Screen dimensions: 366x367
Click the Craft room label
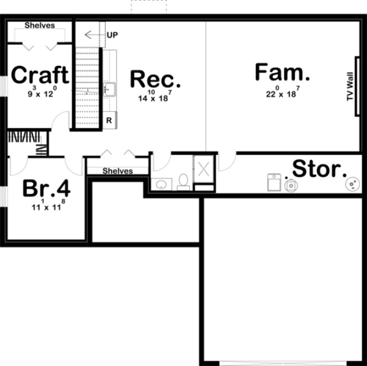[x=40, y=75]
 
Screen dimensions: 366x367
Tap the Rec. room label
[x=155, y=79]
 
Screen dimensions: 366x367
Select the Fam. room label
[x=282, y=72]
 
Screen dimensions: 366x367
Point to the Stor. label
[x=319, y=169]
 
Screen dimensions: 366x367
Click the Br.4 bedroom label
[x=46, y=189]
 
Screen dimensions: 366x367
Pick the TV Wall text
[x=349, y=88]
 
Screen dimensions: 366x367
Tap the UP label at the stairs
[x=112, y=35]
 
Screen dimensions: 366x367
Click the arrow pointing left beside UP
[x=94, y=35]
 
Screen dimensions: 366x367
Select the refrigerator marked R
[x=109, y=120]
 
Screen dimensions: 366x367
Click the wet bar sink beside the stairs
[x=109, y=88]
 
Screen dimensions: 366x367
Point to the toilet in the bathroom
[x=183, y=182]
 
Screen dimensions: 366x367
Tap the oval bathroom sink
[x=161, y=184]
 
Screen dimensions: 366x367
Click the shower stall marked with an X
[x=203, y=167]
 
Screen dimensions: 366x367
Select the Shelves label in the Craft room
[x=39, y=25]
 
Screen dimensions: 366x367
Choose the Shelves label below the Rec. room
[x=117, y=171]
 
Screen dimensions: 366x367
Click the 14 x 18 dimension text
[x=155, y=96]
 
